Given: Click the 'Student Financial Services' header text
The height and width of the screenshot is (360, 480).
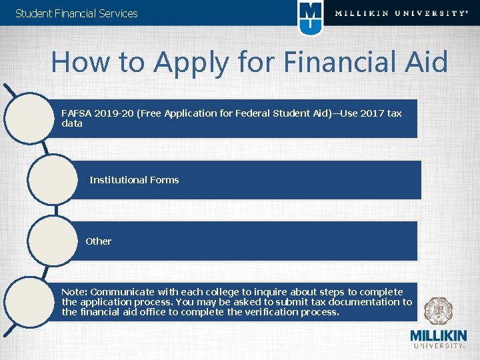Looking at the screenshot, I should click(76, 13).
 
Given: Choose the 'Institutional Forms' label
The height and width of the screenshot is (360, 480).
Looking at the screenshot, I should click(134, 180).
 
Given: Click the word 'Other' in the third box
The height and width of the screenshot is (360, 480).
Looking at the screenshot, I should click(99, 241).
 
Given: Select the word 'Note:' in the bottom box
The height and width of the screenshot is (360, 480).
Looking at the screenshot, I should click(74, 292).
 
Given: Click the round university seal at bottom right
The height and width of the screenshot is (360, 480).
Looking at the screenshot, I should click(438, 311).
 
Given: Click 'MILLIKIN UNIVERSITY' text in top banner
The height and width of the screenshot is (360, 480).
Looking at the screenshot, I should click(401, 13).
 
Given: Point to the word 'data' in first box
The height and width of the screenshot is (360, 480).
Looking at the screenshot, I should click(72, 123).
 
